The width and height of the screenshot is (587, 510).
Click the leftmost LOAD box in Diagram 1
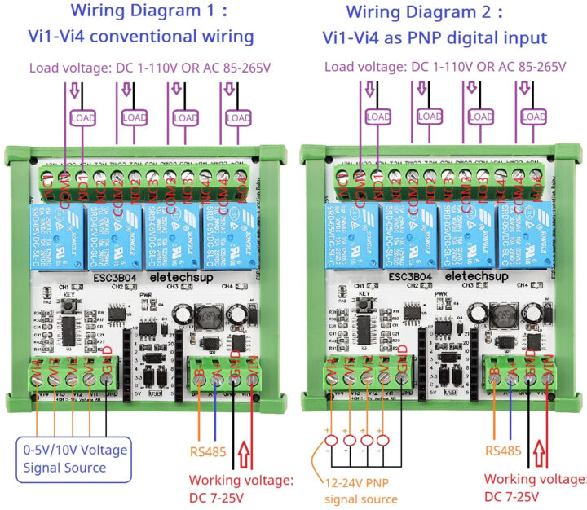[83, 118]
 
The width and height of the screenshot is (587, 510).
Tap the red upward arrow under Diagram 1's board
[245, 451]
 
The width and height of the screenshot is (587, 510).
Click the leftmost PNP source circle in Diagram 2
[329, 441]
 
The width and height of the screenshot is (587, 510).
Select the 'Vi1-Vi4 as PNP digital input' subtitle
[434, 37]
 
